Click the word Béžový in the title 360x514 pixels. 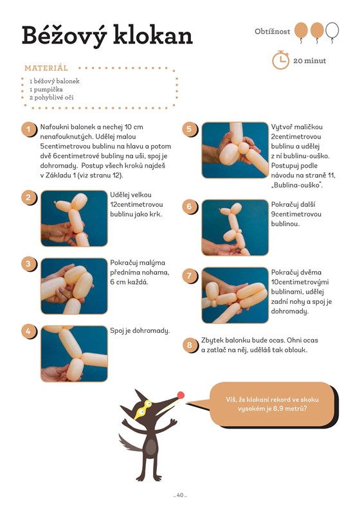tap(64, 36)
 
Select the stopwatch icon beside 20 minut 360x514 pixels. tap(280, 60)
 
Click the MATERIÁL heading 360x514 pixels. tap(46, 68)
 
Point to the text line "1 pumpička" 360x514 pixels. tap(46, 89)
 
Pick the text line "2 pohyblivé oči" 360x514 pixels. tap(51, 98)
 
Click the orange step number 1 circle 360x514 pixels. tap(28, 129)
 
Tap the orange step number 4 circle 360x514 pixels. tap(28, 331)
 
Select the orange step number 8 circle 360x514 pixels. tap(190, 345)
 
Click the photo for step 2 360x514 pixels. tap(74, 218)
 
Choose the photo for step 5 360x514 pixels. tap(235, 150)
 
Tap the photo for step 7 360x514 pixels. tap(235, 296)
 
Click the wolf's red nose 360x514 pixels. tap(181, 395)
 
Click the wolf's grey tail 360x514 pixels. tap(129, 443)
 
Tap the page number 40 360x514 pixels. tap(180, 495)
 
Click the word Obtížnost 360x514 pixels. tap(272, 31)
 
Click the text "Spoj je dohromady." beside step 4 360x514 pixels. tap(140, 330)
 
